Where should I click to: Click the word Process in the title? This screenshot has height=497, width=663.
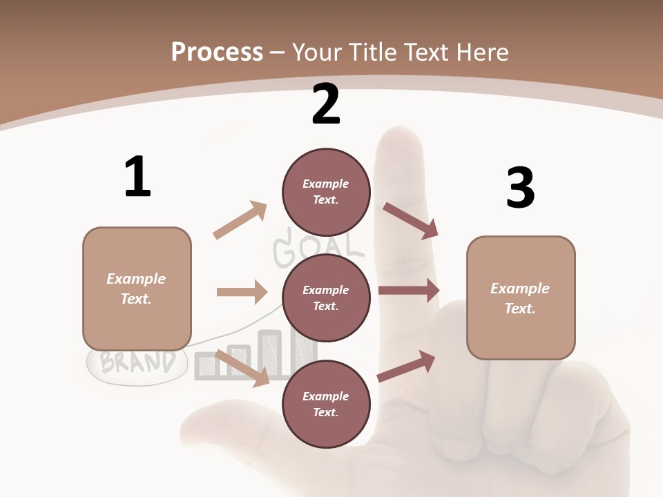click(217, 52)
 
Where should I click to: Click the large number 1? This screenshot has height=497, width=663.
click(137, 177)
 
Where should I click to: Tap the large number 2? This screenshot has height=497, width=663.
click(326, 104)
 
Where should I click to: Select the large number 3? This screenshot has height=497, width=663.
click(520, 188)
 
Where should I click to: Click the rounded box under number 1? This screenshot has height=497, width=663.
click(137, 289)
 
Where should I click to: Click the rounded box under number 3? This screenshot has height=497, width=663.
click(521, 298)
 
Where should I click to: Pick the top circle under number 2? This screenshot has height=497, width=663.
click(326, 191)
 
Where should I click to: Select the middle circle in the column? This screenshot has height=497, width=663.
click(326, 298)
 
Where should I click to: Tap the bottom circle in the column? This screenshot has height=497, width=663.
click(326, 404)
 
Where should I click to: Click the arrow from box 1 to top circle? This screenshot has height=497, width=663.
click(240, 220)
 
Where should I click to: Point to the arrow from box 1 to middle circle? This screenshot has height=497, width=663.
click(242, 292)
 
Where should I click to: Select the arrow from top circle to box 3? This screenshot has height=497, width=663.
click(411, 220)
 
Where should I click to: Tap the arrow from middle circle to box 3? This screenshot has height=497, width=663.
click(409, 291)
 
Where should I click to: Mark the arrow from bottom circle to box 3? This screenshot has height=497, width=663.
click(407, 367)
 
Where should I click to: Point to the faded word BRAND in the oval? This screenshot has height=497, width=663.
click(137, 362)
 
